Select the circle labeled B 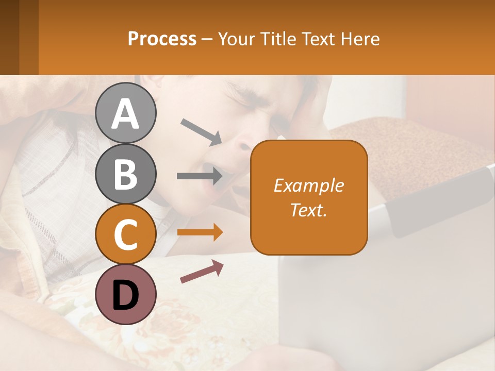[x=125, y=174]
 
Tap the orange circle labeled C [x=125, y=234]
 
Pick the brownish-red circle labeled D [x=125, y=295]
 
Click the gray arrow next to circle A [x=201, y=131]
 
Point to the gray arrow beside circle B [x=200, y=176]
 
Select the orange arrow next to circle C [x=200, y=232]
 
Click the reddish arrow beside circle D [x=202, y=272]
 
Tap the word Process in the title [x=162, y=39]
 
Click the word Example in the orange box [x=308, y=185]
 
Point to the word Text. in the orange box [x=308, y=210]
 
